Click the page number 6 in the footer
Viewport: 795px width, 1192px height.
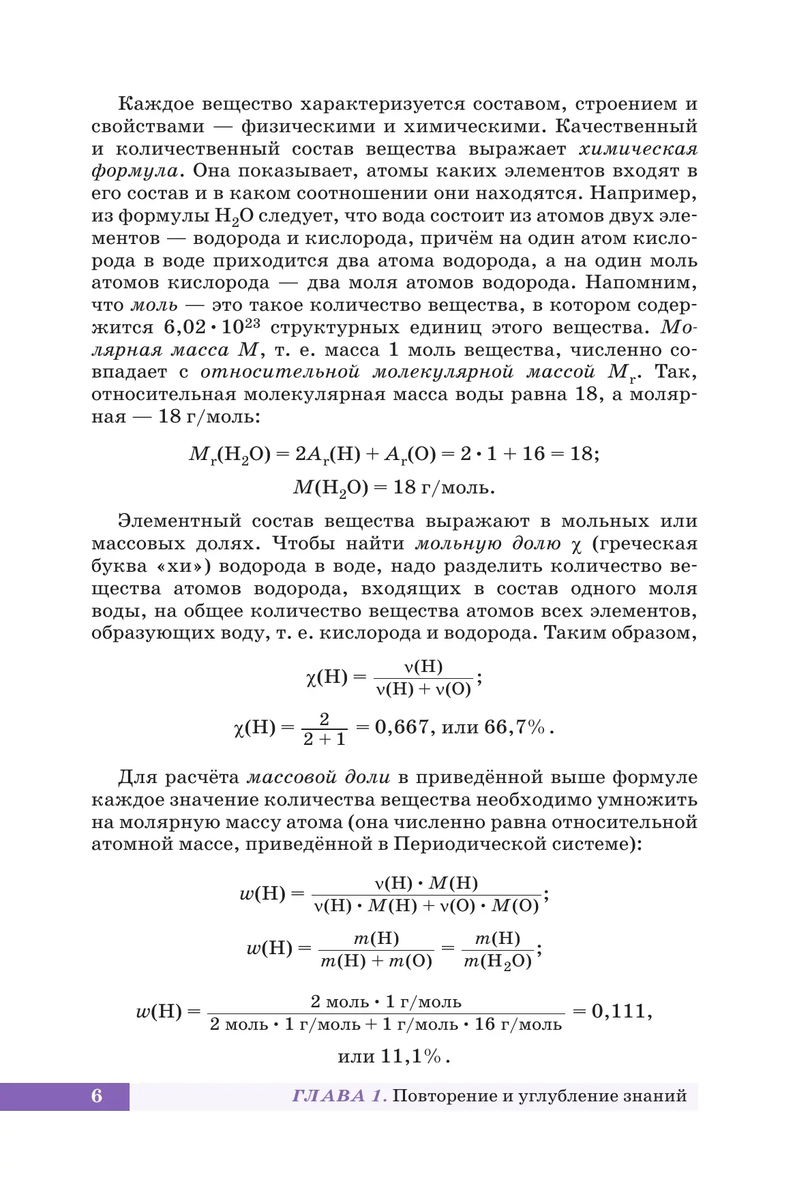(97, 1096)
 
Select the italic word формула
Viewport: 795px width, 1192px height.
(135, 171)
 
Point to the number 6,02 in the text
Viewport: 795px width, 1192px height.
(185, 327)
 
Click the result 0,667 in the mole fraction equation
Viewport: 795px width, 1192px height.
(402, 727)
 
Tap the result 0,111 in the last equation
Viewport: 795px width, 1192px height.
(618, 1011)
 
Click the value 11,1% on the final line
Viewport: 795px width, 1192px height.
(411, 1056)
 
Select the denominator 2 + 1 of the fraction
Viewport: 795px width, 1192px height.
(324, 739)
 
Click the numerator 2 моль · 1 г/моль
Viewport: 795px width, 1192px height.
(386, 1002)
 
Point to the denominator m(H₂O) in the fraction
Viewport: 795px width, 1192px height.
(498, 962)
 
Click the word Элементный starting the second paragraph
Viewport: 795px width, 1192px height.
(179, 521)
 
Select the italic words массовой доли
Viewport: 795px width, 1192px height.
(318, 777)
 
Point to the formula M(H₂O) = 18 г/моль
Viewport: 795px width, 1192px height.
(394, 488)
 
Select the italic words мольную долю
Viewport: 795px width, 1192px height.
(488, 544)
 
